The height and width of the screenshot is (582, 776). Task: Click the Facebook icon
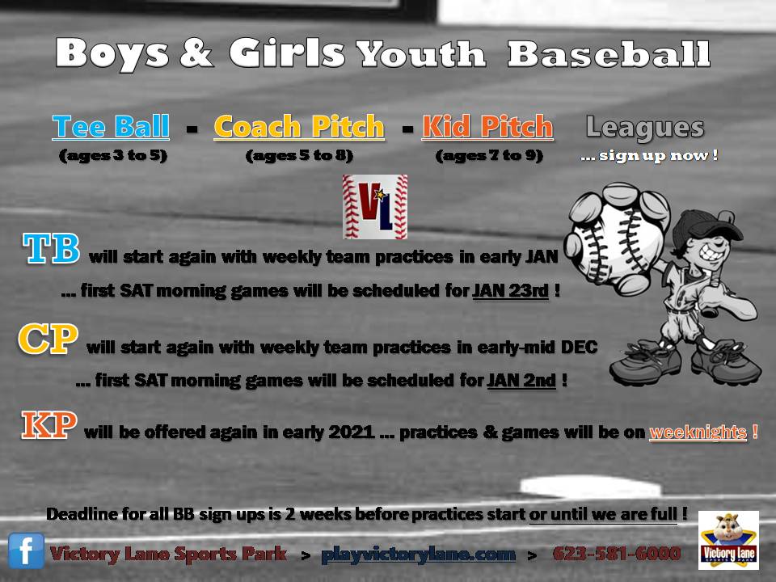(x=27, y=551)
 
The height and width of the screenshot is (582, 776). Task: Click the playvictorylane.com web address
(x=418, y=555)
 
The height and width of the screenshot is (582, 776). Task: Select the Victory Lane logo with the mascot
(x=727, y=540)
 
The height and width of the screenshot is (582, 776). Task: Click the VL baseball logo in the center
(x=374, y=207)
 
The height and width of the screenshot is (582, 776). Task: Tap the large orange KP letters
(x=48, y=426)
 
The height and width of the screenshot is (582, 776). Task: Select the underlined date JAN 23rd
(x=511, y=291)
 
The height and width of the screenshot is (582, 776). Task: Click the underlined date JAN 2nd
(x=521, y=380)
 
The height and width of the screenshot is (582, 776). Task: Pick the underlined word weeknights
(x=698, y=432)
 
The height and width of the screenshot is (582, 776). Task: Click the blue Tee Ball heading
(x=111, y=127)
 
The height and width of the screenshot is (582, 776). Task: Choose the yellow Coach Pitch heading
(x=299, y=127)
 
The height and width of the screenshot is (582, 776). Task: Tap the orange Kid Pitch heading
(x=487, y=127)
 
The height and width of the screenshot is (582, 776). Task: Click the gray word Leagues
(x=644, y=127)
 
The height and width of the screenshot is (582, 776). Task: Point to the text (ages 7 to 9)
(x=488, y=156)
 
